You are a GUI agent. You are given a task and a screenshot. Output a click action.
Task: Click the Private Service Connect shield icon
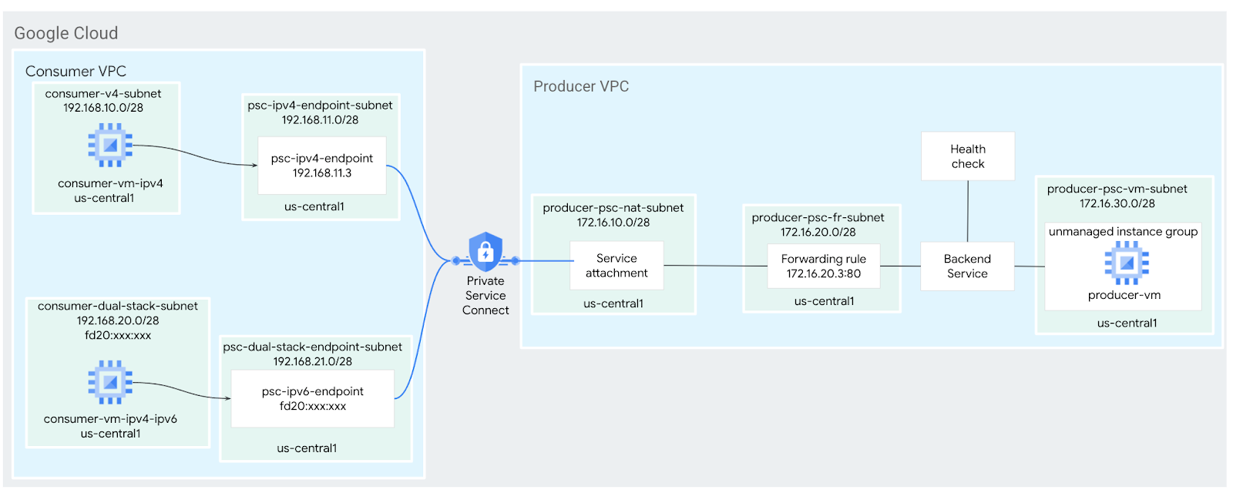click(x=485, y=251)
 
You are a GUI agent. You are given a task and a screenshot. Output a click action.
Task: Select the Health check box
click(x=967, y=156)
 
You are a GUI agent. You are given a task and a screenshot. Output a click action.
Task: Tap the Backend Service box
click(x=967, y=267)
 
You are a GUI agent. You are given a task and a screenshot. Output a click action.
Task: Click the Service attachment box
click(x=616, y=266)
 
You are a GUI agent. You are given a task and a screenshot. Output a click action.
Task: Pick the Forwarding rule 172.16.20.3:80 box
click(x=823, y=267)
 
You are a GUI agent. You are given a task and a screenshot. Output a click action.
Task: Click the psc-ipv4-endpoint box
click(x=321, y=166)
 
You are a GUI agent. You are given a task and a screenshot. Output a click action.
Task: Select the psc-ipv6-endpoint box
click(x=312, y=399)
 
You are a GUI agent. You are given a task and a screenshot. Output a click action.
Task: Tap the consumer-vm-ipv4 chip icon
click(x=110, y=145)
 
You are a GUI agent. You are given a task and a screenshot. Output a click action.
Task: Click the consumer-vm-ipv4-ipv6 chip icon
click(x=110, y=382)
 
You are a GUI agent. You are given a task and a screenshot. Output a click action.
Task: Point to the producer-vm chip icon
click(x=1127, y=263)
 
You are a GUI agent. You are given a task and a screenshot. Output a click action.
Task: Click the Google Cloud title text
click(x=66, y=33)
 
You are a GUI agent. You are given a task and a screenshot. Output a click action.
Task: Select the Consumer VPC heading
click(x=76, y=71)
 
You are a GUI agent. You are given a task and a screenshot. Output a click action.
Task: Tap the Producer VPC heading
click(x=581, y=86)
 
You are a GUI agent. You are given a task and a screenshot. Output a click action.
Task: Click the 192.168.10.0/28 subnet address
click(x=103, y=108)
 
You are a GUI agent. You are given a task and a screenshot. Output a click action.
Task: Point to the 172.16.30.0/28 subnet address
click(x=1117, y=203)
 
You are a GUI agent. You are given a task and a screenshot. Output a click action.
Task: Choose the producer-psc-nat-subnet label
click(x=613, y=208)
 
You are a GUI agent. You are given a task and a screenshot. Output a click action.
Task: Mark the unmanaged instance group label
click(x=1123, y=232)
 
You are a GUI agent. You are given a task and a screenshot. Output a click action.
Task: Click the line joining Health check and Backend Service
click(x=968, y=211)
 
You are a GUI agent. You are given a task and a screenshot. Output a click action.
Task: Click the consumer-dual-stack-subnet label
click(x=118, y=306)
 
